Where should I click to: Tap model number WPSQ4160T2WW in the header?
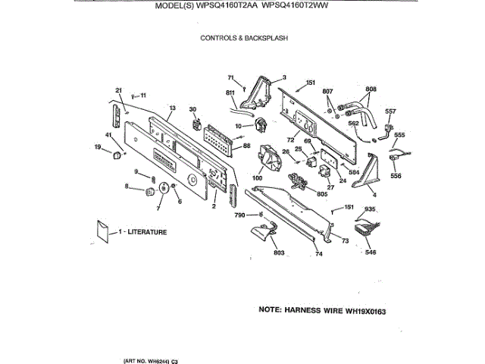pos(303,8)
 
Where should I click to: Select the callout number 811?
pos(230,93)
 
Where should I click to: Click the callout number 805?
pos(321,194)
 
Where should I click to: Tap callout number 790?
pos(240,216)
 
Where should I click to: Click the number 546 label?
pos(370,252)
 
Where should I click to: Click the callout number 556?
pos(396,176)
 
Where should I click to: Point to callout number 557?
pos(390,111)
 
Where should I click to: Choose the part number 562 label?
pos(353,123)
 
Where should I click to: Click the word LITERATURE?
pos(146,232)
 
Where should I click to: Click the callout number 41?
pos(108,135)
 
